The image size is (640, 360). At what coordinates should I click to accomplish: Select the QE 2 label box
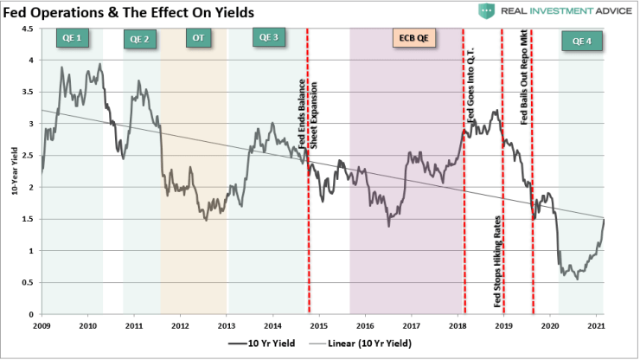coord(140,40)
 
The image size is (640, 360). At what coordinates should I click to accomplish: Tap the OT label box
coord(197,38)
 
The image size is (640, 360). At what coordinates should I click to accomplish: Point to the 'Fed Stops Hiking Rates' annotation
coord(497,261)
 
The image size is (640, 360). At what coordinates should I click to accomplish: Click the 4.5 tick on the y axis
coord(29,29)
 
